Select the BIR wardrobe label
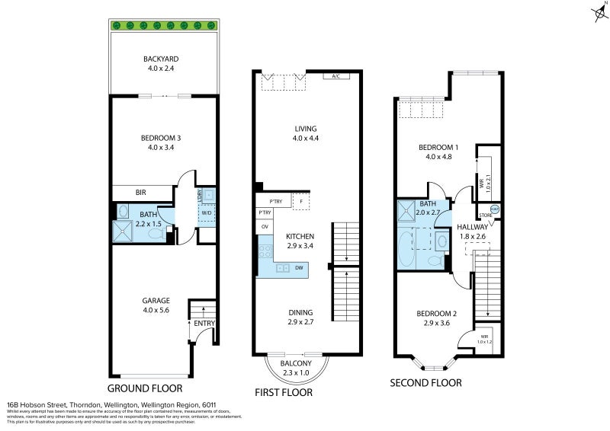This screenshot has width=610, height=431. [x=142, y=193]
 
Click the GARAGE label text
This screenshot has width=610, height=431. [x=156, y=300]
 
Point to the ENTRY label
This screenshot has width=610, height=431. [x=204, y=324]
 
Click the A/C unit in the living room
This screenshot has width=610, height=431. [x=335, y=76]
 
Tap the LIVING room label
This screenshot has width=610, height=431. [x=304, y=129]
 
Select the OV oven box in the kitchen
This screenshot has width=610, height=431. [x=265, y=227]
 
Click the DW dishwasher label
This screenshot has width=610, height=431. [x=299, y=267]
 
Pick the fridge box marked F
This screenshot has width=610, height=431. [x=301, y=202]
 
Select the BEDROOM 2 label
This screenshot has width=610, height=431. [x=436, y=314]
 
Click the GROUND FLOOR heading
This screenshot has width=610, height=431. [x=149, y=388]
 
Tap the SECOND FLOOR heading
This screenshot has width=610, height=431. [x=425, y=383]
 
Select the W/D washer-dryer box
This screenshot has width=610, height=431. [x=206, y=213]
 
